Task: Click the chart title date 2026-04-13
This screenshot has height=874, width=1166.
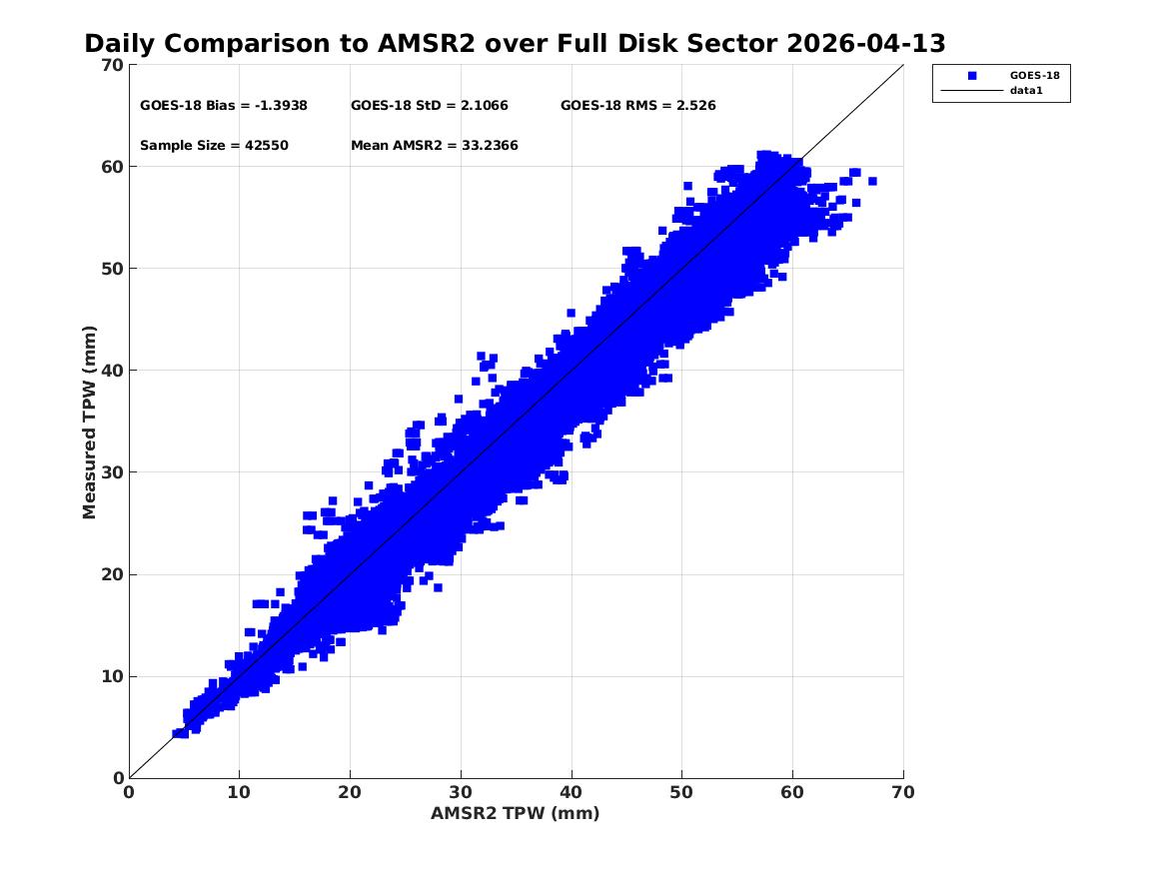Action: (865, 43)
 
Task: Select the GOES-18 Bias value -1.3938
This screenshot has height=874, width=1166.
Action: (281, 106)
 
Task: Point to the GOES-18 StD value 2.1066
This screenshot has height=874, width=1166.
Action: (485, 106)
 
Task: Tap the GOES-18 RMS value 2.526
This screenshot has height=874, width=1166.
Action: (696, 106)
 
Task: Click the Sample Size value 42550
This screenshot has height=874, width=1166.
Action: (266, 146)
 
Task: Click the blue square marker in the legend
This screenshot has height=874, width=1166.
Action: (972, 76)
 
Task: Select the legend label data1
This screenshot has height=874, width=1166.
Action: (1026, 91)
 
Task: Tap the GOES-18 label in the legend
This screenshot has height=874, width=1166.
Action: (1034, 76)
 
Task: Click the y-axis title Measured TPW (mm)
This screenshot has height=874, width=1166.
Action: (89, 423)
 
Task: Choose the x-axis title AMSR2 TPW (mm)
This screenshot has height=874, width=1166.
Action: (516, 813)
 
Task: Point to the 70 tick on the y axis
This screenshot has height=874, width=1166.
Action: (112, 65)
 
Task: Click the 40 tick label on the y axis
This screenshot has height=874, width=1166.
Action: (112, 371)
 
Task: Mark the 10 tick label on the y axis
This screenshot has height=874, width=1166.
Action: (112, 676)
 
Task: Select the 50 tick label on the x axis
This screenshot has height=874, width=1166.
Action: (681, 792)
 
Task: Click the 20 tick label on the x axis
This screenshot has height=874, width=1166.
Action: (350, 792)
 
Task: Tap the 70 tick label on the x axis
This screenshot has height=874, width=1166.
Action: (903, 792)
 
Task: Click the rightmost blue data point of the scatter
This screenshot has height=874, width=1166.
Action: (872, 182)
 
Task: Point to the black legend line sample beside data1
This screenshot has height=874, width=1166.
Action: (972, 91)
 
